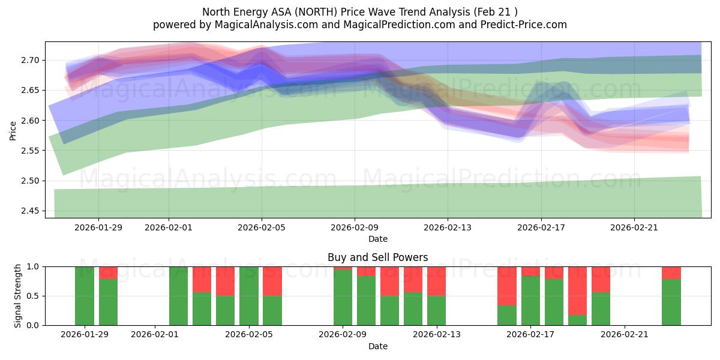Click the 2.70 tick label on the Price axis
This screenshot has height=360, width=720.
(31, 60)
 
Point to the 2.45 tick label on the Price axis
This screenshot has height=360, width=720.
(31, 211)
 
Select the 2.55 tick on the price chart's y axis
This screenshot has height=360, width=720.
(31, 151)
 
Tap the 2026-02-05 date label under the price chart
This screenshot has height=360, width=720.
(262, 227)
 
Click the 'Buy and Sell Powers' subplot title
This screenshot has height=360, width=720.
(377, 257)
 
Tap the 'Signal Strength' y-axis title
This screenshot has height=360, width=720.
(18, 296)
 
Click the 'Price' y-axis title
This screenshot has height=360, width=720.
(13, 130)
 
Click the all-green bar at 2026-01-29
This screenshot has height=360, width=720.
(85, 296)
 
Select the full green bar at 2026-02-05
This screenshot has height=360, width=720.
(249, 296)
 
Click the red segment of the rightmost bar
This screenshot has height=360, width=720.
(671, 272)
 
